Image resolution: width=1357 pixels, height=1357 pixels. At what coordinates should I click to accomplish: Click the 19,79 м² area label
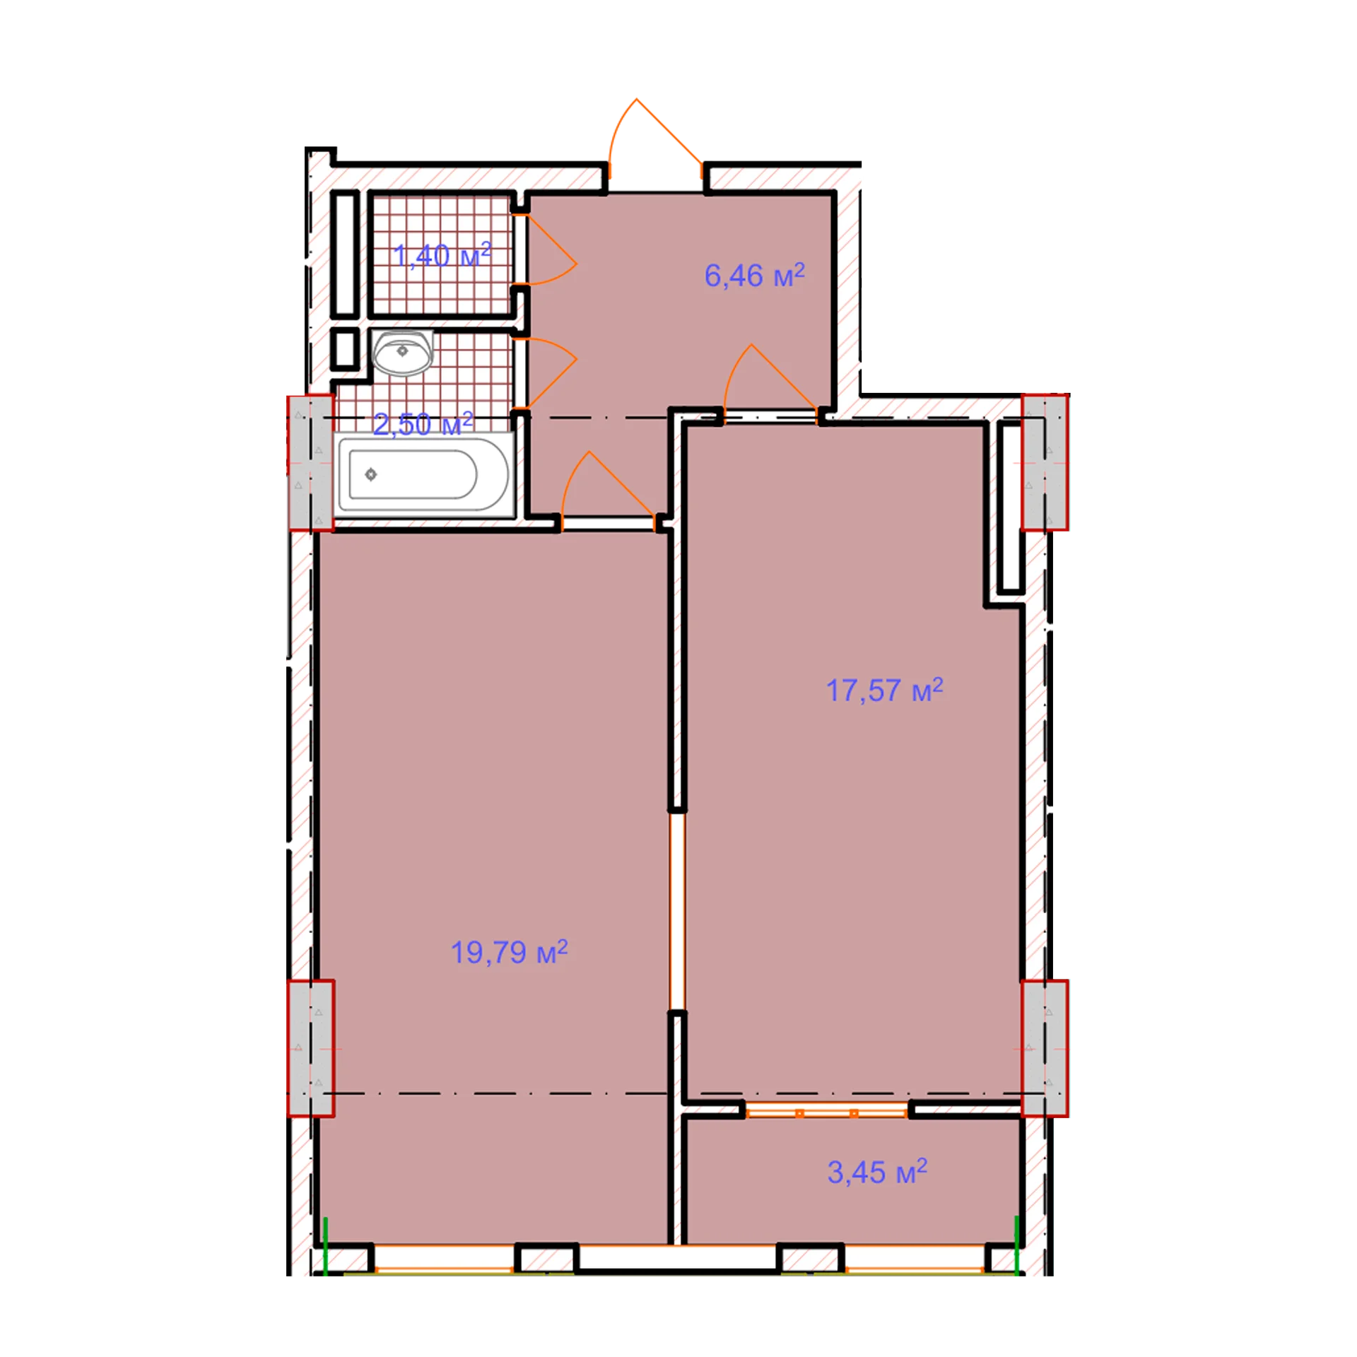coord(509,952)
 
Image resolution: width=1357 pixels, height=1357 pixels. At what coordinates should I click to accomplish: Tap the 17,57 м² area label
coord(884,690)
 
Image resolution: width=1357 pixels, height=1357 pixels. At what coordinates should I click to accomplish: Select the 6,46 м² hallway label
coord(754,275)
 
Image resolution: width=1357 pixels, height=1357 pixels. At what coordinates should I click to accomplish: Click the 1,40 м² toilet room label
coord(442,255)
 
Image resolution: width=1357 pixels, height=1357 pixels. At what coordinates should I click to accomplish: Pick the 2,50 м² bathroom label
coord(423,424)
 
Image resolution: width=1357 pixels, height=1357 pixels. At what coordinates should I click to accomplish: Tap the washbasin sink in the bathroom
coord(402,352)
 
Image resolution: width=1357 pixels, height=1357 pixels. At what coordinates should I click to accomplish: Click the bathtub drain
coord(371,474)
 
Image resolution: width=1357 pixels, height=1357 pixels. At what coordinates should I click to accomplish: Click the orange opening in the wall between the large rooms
coord(677,912)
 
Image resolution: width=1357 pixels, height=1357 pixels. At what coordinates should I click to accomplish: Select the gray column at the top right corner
coord(1045,462)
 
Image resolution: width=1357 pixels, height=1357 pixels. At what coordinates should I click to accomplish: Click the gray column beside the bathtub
coord(310,462)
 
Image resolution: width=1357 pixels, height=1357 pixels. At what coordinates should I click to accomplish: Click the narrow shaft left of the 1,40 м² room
coord(345,254)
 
